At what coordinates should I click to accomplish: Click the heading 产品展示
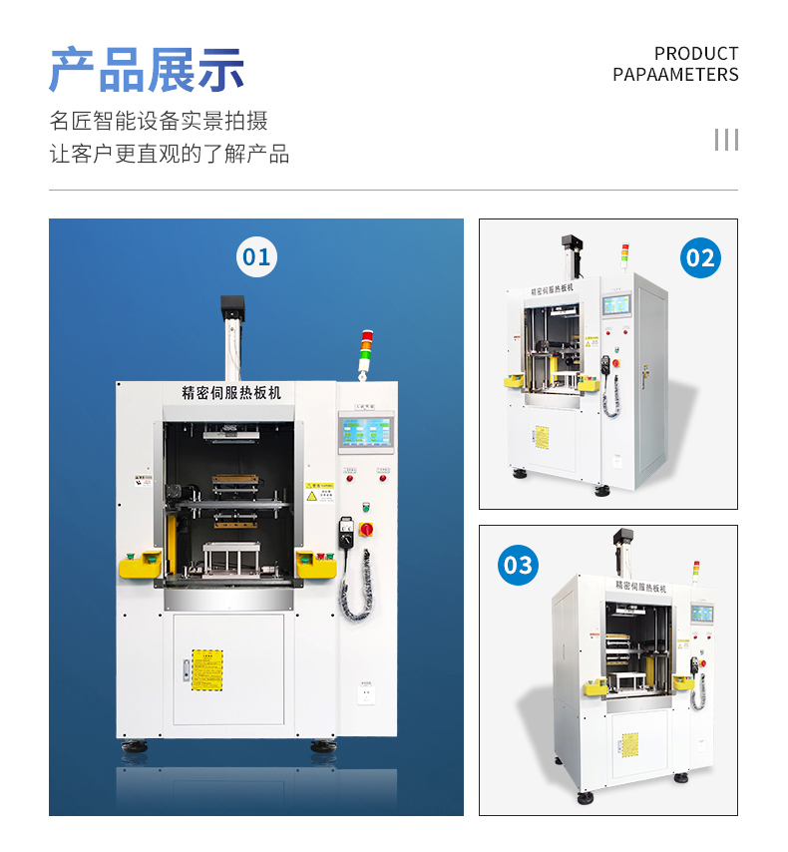click(147, 70)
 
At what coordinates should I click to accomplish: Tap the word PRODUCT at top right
click(696, 53)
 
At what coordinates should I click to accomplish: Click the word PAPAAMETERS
click(675, 75)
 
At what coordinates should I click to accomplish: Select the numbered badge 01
click(256, 257)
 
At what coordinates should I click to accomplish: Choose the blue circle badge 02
click(700, 258)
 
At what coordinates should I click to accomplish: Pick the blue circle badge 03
click(518, 565)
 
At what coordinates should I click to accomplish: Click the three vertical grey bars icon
click(726, 140)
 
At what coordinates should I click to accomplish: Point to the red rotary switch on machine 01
click(366, 528)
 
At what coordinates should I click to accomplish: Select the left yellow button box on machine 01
click(140, 564)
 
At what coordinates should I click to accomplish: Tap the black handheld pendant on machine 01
click(348, 530)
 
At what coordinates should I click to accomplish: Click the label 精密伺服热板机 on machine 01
click(231, 393)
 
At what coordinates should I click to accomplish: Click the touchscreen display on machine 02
click(617, 305)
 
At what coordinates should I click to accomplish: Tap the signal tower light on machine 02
click(625, 256)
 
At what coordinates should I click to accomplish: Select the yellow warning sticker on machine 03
click(629, 744)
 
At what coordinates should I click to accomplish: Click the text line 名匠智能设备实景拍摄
click(159, 122)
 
